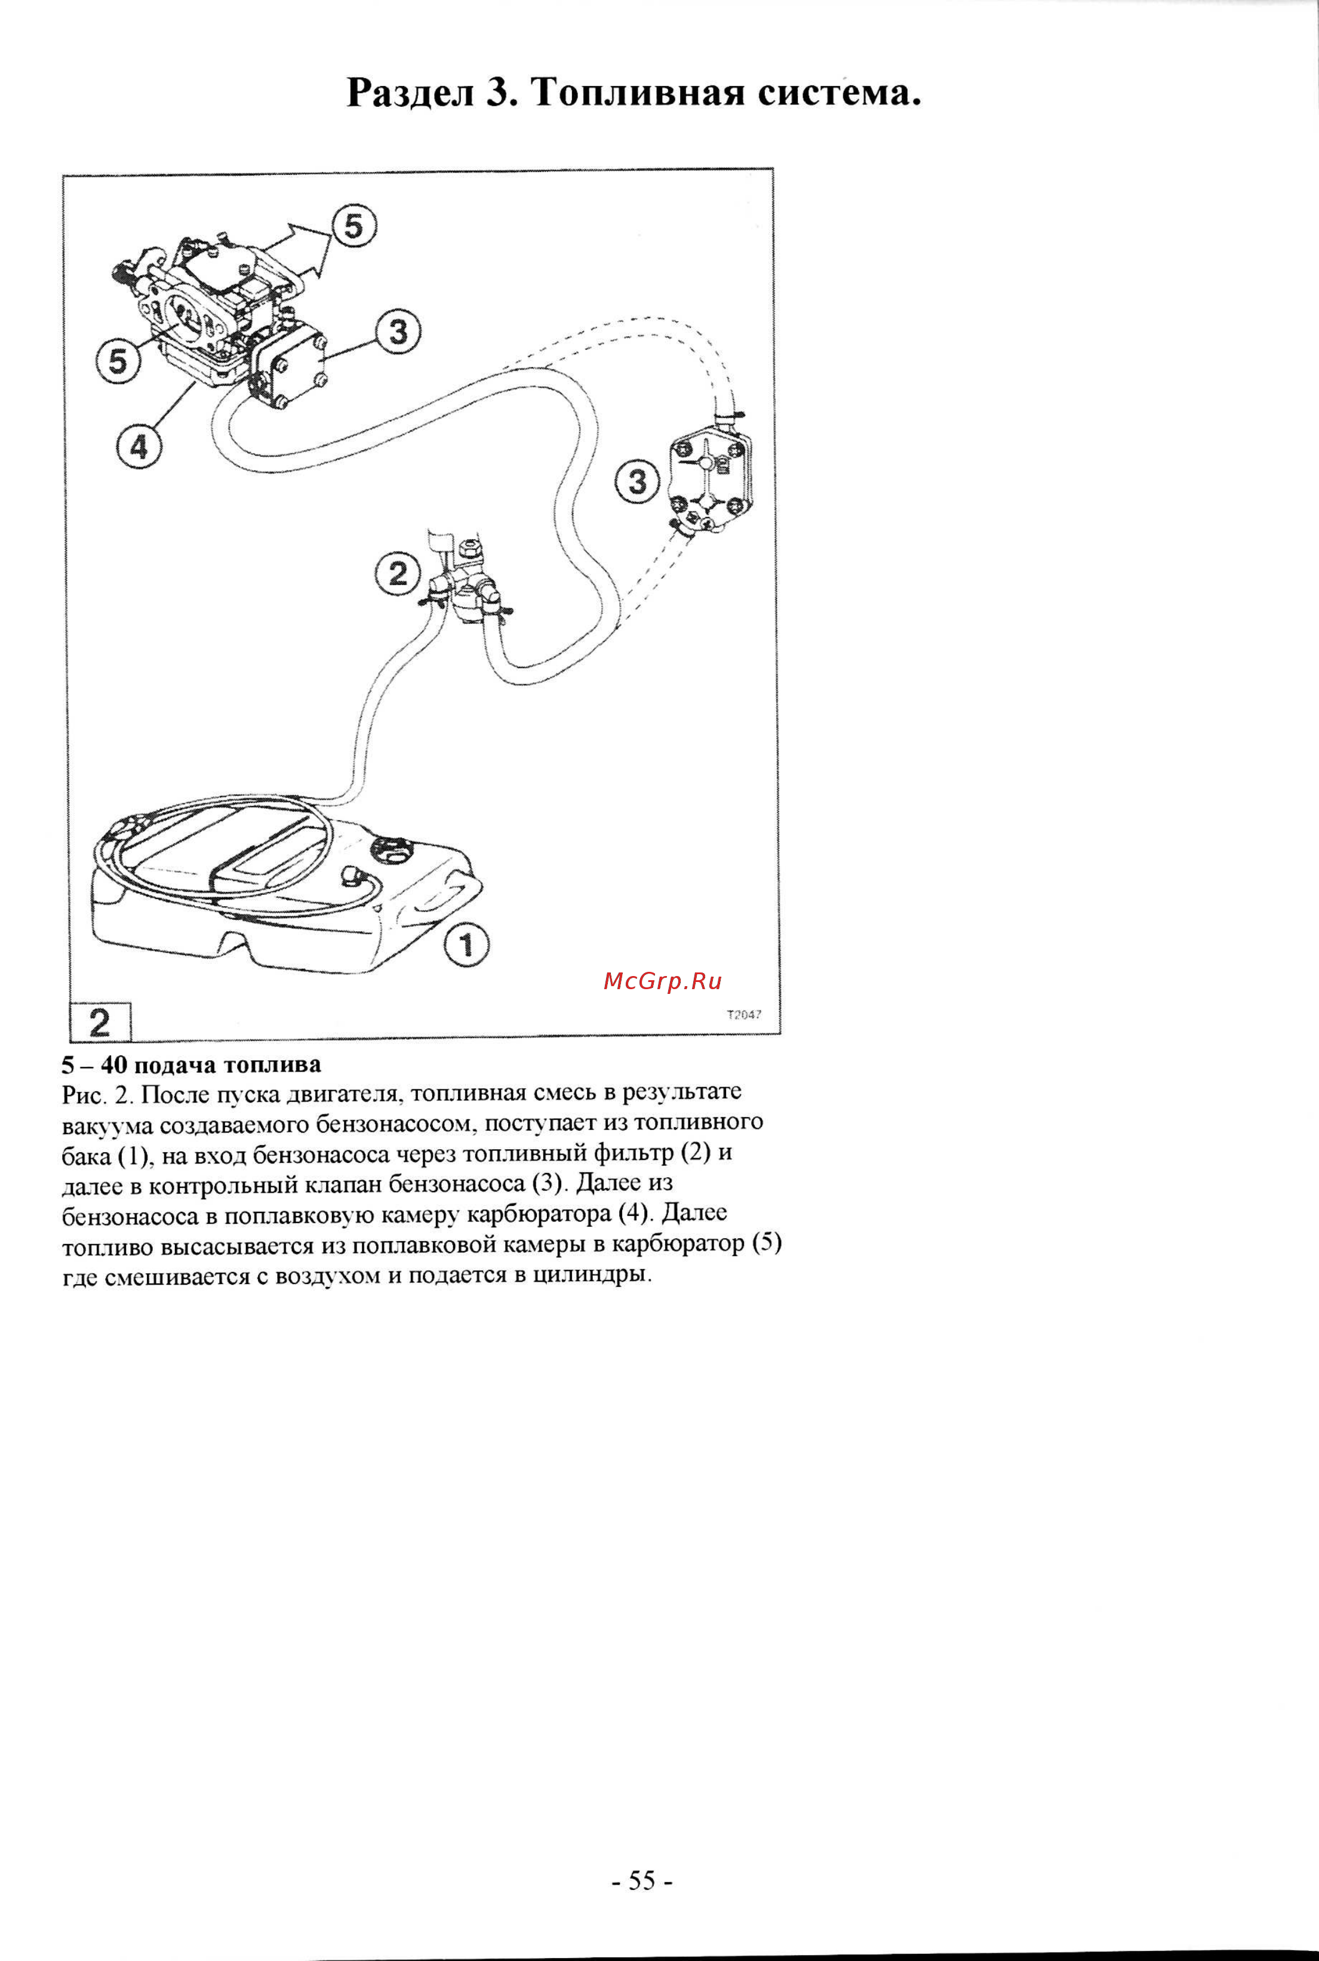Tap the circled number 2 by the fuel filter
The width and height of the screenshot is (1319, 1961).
coord(397,574)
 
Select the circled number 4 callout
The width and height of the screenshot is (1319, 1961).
coord(139,447)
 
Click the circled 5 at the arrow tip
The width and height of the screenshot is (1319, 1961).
coord(354,226)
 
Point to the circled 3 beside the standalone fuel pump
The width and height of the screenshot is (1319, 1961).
coord(638,482)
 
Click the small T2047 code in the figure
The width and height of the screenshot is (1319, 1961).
coord(743,1014)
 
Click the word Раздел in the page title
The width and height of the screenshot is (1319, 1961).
coord(411,93)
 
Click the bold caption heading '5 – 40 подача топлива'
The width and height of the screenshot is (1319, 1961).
coord(192,1064)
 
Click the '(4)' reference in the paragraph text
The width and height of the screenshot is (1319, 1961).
coord(632,1214)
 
